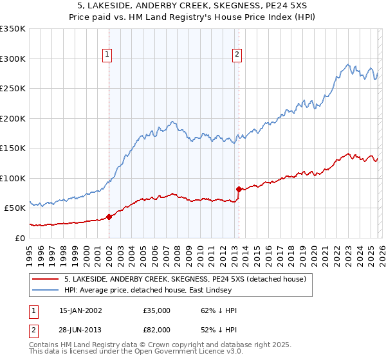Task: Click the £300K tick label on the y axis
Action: (13, 59)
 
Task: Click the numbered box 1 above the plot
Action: (107, 55)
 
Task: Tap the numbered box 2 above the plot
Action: (237, 55)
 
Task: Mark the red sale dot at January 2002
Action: (109, 217)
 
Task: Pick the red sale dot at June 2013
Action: (239, 189)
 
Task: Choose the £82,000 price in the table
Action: (157, 331)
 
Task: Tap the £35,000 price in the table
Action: (157, 310)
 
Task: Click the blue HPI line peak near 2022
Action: (348, 64)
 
